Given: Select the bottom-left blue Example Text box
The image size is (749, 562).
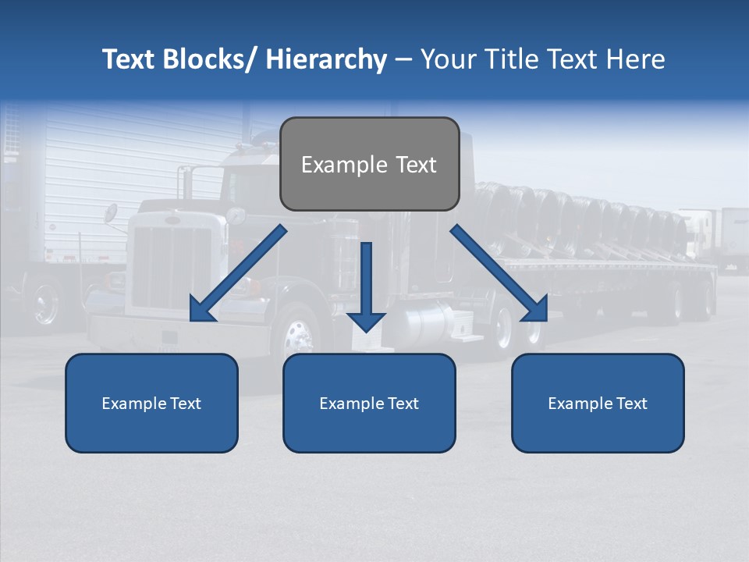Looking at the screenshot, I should click(151, 403).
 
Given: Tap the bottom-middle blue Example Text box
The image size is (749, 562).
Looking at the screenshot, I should click(369, 403).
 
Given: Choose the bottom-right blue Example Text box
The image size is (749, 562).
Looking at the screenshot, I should click(598, 403).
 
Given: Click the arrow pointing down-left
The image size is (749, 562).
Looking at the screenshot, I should click(238, 273).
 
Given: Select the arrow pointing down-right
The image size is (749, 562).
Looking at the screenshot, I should click(499, 273).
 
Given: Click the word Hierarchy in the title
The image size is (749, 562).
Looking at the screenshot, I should click(325, 60).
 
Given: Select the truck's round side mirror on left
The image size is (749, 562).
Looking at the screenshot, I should click(111, 213).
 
